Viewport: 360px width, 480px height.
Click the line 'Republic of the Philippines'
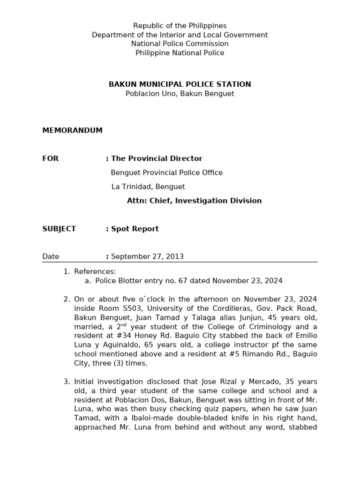point(180,26)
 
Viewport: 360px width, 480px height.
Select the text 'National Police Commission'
point(180,44)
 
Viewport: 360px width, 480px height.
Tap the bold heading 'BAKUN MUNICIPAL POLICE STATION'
point(180,84)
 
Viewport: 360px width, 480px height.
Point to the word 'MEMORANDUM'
point(72,130)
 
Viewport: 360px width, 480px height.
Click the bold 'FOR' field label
point(50,158)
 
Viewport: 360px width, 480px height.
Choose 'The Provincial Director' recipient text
point(157,158)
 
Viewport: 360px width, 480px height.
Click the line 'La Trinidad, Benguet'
point(148,187)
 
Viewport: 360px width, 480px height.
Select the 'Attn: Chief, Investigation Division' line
point(194,201)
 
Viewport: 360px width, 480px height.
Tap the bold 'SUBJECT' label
point(59,229)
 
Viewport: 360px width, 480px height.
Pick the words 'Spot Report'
point(135,229)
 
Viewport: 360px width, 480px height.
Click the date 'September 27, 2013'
point(147,256)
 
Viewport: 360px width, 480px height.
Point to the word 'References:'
point(95,271)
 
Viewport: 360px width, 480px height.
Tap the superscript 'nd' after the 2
point(124,325)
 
